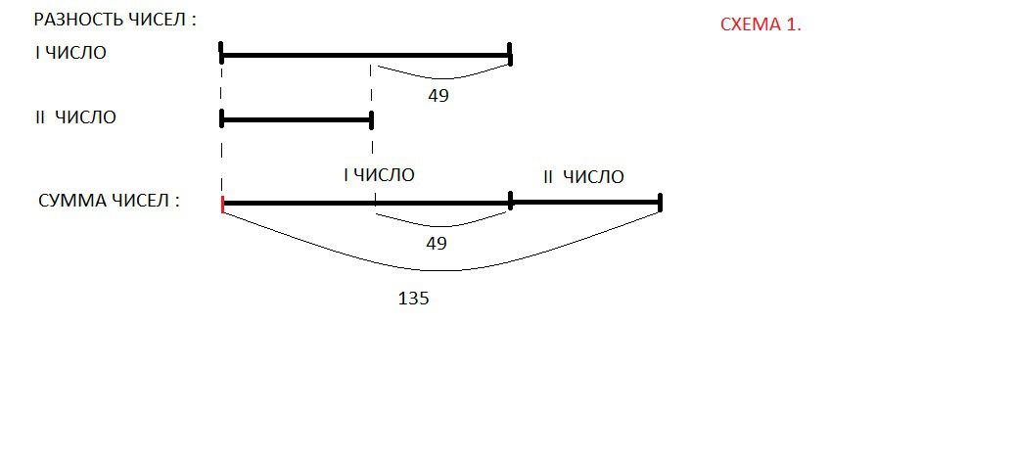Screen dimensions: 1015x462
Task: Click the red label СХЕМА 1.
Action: (760, 25)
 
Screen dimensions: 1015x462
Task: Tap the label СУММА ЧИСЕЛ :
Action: (109, 202)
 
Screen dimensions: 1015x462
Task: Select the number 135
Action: (413, 300)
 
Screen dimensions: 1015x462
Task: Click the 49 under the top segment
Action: (438, 96)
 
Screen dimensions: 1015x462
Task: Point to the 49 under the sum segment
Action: (437, 243)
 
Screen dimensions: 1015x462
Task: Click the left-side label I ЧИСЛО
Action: (70, 53)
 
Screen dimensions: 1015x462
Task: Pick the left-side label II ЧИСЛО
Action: (75, 117)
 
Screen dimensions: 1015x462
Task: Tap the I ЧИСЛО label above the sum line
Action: (379, 175)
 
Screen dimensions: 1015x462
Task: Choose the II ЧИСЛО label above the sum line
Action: (582, 177)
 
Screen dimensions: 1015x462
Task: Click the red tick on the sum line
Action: (223, 204)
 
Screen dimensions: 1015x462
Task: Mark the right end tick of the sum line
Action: (661, 203)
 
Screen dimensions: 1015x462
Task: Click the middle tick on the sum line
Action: (511, 201)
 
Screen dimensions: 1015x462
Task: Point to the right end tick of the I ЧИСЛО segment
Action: (511, 55)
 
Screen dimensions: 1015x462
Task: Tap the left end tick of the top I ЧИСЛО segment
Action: (222, 55)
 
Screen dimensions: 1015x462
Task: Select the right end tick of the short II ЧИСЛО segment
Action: (372, 119)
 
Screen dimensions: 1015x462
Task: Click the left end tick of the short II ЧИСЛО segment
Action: (223, 119)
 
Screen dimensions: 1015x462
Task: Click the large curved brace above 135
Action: (440, 269)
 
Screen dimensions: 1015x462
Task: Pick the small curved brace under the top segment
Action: (445, 76)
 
